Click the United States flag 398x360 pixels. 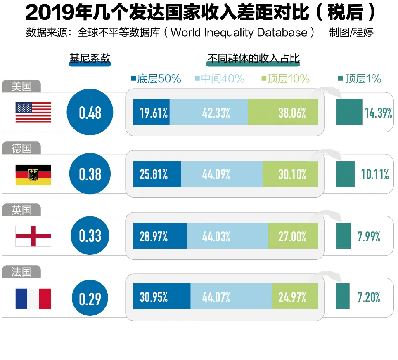pyautogui.click(x=33, y=112)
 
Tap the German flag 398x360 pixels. pyautogui.click(x=33, y=174)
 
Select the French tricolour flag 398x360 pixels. pyautogui.click(x=33, y=299)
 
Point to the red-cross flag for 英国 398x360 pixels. pyautogui.click(x=33, y=236)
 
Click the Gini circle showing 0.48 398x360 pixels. pyautogui.click(x=90, y=113)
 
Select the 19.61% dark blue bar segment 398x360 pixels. pyautogui.click(x=151, y=112)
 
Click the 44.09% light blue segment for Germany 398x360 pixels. pyautogui.click(x=222, y=174)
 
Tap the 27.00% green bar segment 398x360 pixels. pyautogui.click(x=293, y=236)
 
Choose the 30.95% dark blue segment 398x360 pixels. pyautogui.click(x=161, y=296)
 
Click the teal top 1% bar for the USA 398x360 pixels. pyautogui.click(x=349, y=112)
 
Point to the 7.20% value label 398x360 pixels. pyautogui.click(x=369, y=297)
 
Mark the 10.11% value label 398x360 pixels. pyautogui.click(x=375, y=174)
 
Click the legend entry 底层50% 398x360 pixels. pyautogui.click(x=156, y=79)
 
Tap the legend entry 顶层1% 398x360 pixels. pyautogui.click(x=359, y=79)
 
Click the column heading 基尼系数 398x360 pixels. pyautogui.click(x=90, y=58)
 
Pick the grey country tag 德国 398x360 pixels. pyautogui.click(x=21, y=148)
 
